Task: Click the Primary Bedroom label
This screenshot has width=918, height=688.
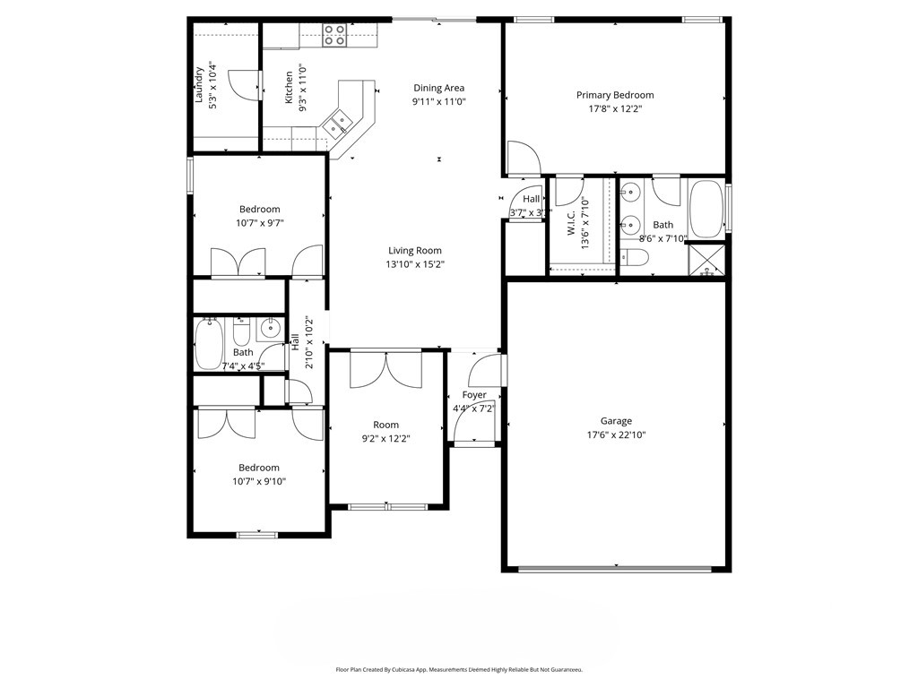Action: pos(614,95)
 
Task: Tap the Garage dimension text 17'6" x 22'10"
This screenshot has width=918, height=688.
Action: pos(616,434)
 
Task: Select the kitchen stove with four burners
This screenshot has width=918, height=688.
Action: pos(334,35)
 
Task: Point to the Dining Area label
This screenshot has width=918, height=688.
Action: pos(438,88)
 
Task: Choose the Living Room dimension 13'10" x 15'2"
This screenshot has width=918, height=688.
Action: pos(414,264)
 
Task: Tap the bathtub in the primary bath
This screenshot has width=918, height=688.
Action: pos(706,210)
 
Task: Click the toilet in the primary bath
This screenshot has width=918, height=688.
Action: pos(635,259)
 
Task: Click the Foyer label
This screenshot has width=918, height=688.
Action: pos(474,395)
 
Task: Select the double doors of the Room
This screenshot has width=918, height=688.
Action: pos(385,369)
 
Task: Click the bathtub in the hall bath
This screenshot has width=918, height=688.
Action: pos(210,344)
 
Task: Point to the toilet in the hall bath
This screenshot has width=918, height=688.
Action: pos(241,334)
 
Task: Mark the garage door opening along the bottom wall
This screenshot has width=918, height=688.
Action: pos(616,568)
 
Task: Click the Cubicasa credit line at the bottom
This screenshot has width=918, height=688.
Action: pos(459,669)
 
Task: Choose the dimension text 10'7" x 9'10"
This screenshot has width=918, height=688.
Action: pos(258,481)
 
